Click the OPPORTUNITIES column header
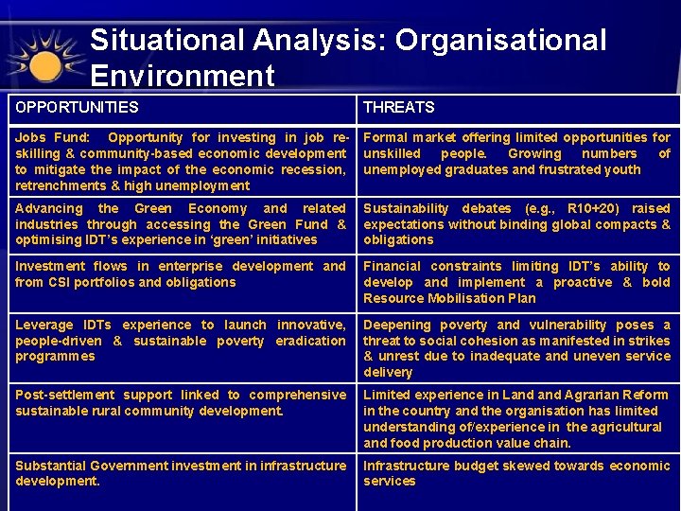coord(77,108)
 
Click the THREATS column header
coord(398,108)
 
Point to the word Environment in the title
coord(183,76)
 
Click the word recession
coord(315,169)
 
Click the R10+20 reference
coord(593,208)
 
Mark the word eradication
coord(311,341)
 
